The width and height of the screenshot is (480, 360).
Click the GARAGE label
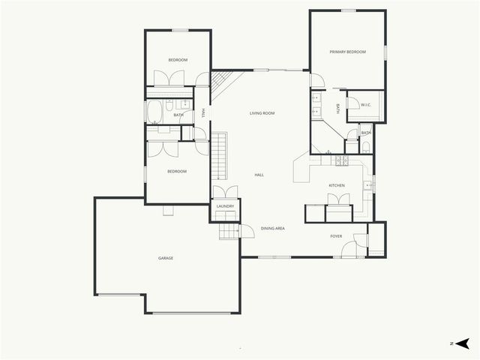click(x=166, y=258)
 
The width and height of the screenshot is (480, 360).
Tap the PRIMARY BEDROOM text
click(x=347, y=52)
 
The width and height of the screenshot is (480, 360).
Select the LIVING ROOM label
click(x=262, y=113)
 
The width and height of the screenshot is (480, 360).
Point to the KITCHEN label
click(x=336, y=185)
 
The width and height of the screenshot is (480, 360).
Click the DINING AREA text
click(x=272, y=228)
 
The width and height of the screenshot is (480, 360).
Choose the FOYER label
click(x=336, y=236)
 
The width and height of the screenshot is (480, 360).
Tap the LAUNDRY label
click(x=225, y=206)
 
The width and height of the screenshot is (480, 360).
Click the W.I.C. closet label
click(x=366, y=105)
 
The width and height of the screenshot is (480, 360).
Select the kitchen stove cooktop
click(x=341, y=160)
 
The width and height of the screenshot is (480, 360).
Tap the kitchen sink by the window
click(x=368, y=185)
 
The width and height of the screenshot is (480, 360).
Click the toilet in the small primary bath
click(x=365, y=145)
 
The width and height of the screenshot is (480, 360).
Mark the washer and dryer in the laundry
click(x=225, y=216)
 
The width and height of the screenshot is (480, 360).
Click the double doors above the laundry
click(x=225, y=193)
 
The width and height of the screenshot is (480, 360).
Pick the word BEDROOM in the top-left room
click(x=178, y=60)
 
